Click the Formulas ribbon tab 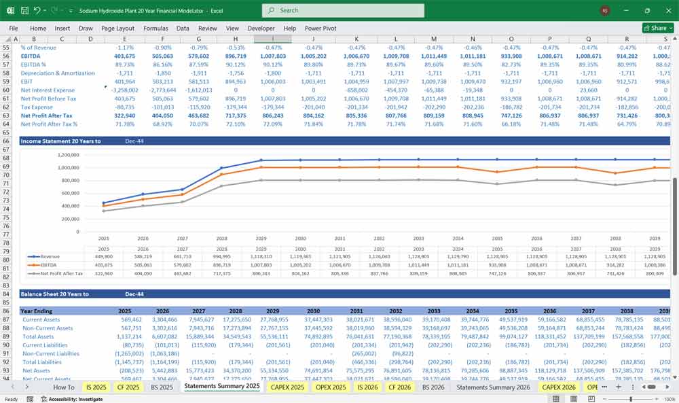pyautogui.click(x=155, y=29)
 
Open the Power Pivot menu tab pyautogui.click(x=320, y=29)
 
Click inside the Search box pyautogui.click(x=343, y=10)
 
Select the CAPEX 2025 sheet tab pyautogui.click(x=287, y=387)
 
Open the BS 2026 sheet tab pyautogui.click(x=433, y=387)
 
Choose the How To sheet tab pyautogui.click(x=64, y=387)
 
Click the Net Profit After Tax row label pyautogui.click(x=47, y=116)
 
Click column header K pyautogui.click(x=357, y=39)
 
